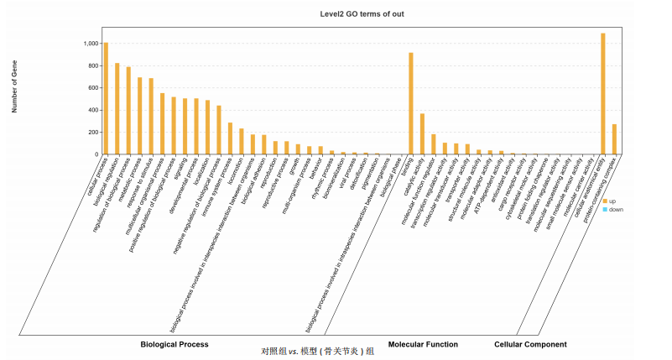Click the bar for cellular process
[106, 98]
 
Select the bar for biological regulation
[117, 109]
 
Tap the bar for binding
[411, 103]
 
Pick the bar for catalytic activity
[422, 134]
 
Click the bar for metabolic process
[140, 116]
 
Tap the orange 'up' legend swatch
[604, 201]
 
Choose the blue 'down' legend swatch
[604, 209]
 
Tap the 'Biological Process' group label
[175, 344]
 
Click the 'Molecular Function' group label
[423, 344]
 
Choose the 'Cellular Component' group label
[530, 344]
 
